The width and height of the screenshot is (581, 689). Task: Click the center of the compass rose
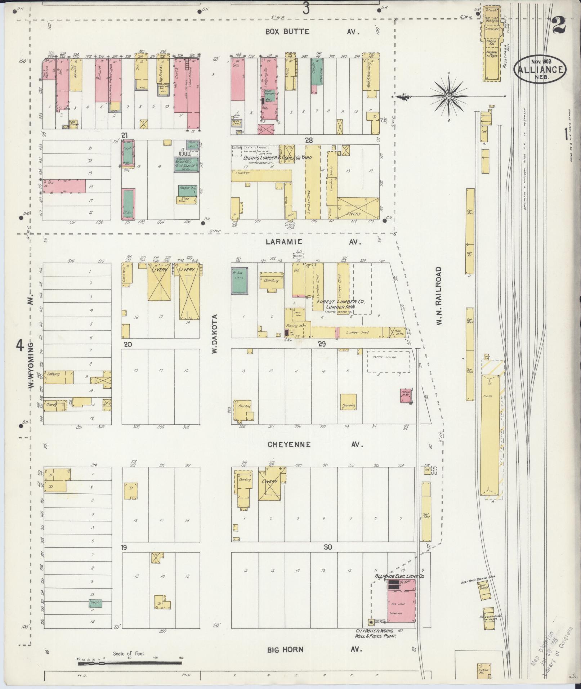click(449, 97)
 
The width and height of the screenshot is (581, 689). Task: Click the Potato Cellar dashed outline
click(388, 361)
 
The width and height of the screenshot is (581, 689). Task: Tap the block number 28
click(308, 140)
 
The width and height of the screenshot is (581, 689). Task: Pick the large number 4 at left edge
click(20, 346)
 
